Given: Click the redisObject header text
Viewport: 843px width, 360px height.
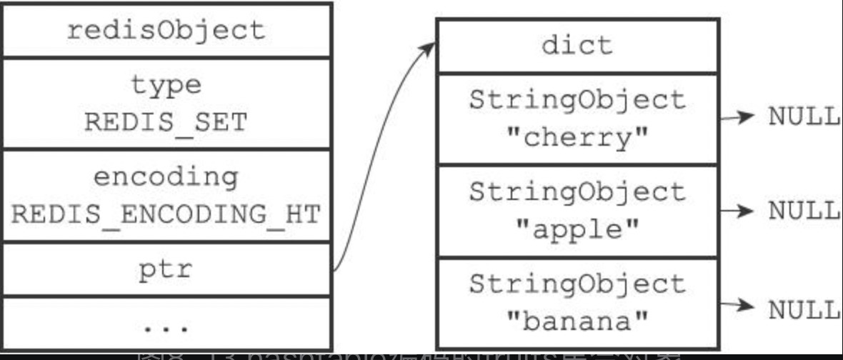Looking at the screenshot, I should click(x=166, y=31).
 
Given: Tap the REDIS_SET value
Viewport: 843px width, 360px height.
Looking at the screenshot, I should click(x=166, y=122).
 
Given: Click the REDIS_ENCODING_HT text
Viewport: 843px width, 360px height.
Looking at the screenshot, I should click(x=166, y=214).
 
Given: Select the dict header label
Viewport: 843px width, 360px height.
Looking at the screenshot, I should click(x=577, y=46).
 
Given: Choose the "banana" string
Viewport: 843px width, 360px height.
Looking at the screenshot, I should click(x=577, y=322).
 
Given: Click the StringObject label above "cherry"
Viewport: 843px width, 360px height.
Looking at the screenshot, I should click(x=577, y=101).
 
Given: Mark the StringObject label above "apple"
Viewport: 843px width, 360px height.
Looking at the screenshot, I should click(x=577, y=193).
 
